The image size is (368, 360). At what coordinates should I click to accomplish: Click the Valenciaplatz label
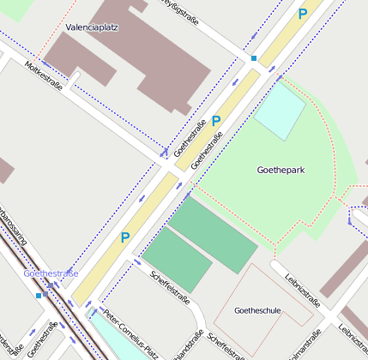pyautogui.click(x=92, y=27)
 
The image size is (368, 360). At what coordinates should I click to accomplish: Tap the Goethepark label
pyautogui.click(x=281, y=170)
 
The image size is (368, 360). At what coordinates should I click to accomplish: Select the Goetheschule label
pyautogui.click(x=257, y=310)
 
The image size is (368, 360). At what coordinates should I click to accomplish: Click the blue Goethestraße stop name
pyautogui.click(x=51, y=273)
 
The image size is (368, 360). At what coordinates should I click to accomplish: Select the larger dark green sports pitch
pyautogui.click(x=213, y=235)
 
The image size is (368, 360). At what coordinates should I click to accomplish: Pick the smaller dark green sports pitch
pyautogui.click(x=177, y=260)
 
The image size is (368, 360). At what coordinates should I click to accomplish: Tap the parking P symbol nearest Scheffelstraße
pyautogui.click(x=125, y=237)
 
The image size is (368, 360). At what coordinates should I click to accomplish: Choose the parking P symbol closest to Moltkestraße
pyautogui.click(x=216, y=122)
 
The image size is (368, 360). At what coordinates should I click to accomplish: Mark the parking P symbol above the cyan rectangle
pyautogui.click(x=302, y=14)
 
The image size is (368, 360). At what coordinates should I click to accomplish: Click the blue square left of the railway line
pyautogui.click(x=39, y=295)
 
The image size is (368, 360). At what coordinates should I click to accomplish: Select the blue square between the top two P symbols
pyautogui.click(x=254, y=58)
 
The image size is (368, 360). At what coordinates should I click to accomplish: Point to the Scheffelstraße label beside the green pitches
pyautogui.click(x=169, y=288)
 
